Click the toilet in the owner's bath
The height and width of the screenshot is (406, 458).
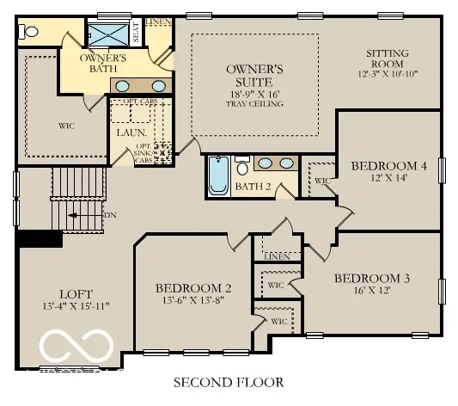click(x=30, y=32)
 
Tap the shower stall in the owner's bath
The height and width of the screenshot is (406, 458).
click(x=107, y=34)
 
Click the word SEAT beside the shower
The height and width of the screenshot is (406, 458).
click(x=136, y=34)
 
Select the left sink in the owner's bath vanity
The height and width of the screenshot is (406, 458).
click(x=125, y=85)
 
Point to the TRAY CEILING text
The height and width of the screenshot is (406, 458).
click(x=254, y=103)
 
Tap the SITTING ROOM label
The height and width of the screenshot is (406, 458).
click(x=387, y=58)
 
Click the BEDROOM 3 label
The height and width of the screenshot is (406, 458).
click(x=372, y=278)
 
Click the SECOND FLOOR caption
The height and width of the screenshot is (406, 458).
click(x=228, y=381)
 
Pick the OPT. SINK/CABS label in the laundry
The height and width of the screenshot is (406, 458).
click(x=144, y=153)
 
